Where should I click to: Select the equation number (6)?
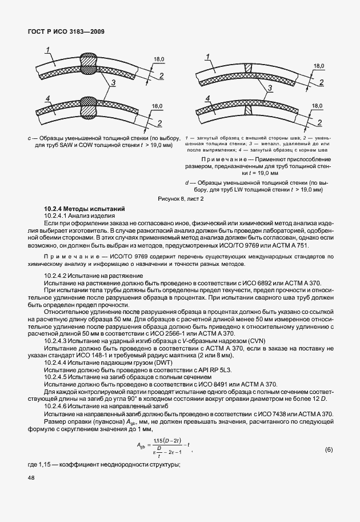tap(329, 450)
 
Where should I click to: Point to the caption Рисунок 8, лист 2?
tap(181, 198)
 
